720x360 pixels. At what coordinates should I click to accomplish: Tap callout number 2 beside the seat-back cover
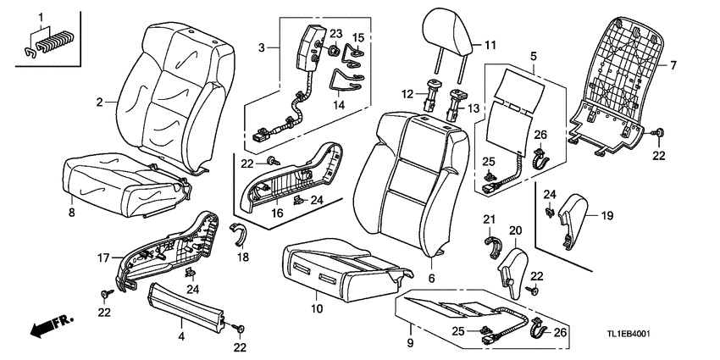pyautogui.click(x=99, y=102)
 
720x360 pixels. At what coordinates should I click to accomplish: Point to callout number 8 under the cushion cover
pyautogui.click(x=71, y=212)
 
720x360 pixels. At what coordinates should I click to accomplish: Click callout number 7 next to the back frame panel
pyautogui.click(x=674, y=65)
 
